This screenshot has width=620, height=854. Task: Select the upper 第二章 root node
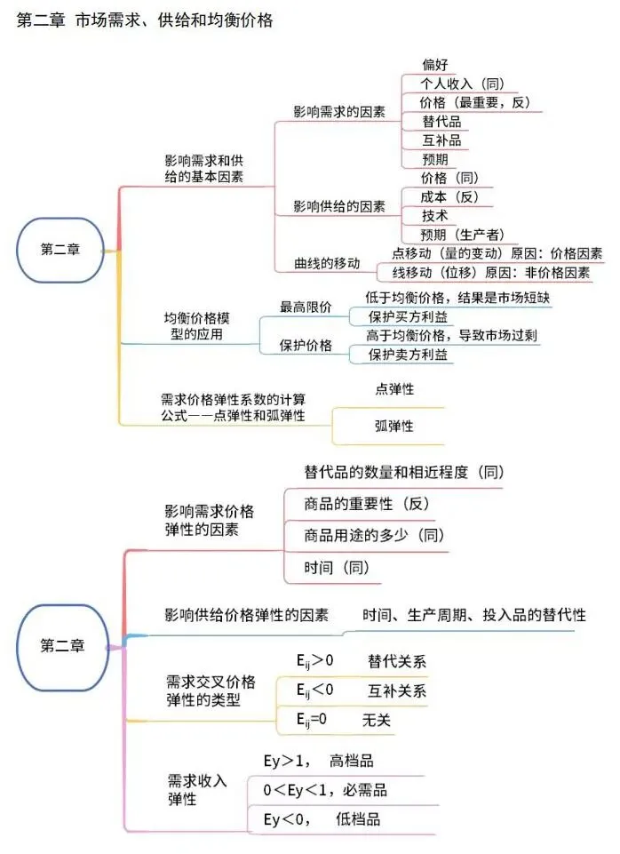[60, 250]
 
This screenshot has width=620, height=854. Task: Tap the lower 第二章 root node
[62, 646]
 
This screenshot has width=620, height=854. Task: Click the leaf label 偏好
[435, 64]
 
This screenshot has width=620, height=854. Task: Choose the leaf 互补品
[441, 140]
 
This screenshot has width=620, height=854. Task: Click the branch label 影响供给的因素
[339, 207]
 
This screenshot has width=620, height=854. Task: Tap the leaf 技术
[435, 216]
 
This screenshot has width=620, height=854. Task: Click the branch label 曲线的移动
[328, 263]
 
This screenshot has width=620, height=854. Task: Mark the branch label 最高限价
[306, 307]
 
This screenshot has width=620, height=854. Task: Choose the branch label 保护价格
[306, 346]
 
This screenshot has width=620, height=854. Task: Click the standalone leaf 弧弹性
[394, 427]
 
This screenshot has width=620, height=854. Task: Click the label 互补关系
[397, 690]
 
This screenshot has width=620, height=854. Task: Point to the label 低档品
[357, 818]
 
